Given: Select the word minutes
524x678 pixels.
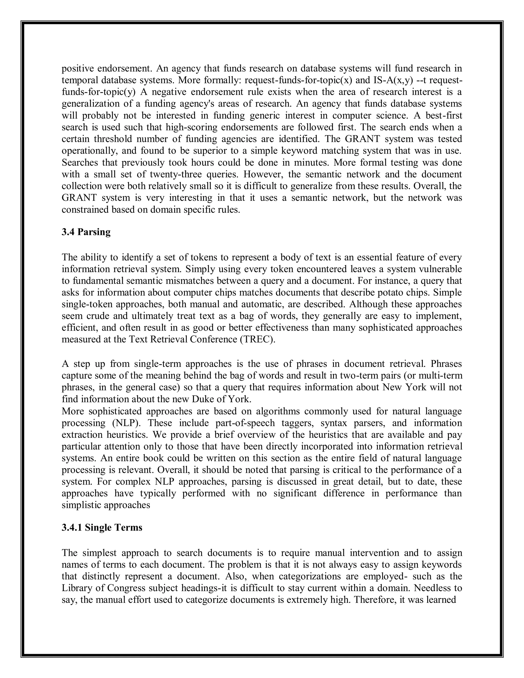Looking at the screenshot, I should pyautogui.click(x=312, y=162).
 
